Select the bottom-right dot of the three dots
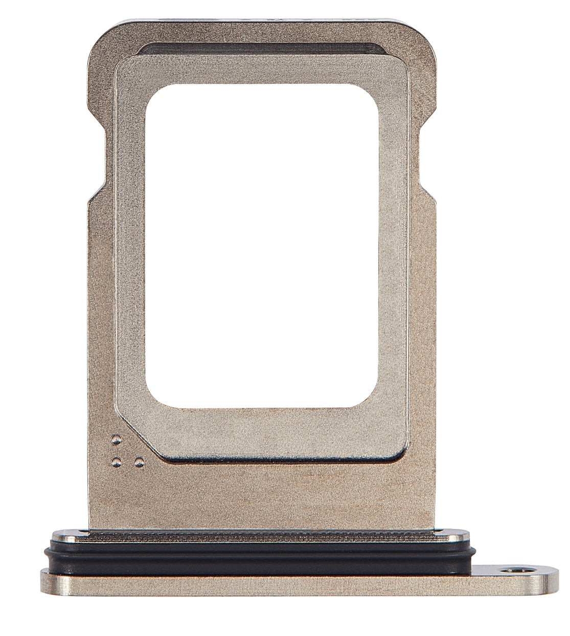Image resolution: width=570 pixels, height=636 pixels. (x=137, y=463)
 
